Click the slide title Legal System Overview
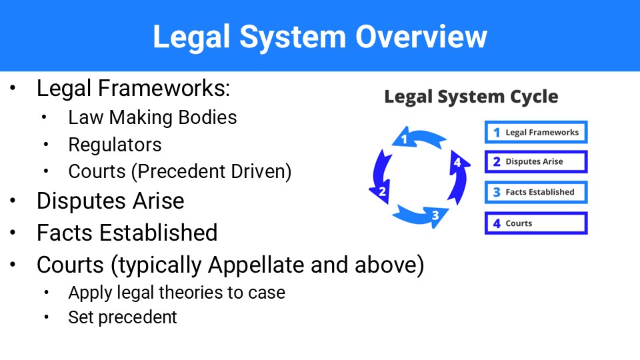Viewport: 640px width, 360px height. point(320,37)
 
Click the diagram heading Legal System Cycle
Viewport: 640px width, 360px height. point(471,97)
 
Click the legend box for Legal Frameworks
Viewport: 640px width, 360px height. point(536,132)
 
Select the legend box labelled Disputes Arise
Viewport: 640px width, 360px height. point(536,162)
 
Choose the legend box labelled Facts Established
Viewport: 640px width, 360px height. point(536,192)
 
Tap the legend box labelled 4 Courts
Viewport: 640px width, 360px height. point(536,223)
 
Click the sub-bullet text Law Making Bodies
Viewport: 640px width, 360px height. point(152,118)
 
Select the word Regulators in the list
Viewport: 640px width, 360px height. point(115,145)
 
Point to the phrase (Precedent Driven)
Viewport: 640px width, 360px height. point(211,171)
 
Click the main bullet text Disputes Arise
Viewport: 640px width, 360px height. point(110,201)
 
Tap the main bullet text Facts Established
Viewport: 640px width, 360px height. point(127,233)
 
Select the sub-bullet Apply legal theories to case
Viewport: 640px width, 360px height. point(176,292)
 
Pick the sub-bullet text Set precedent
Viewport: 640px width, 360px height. point(123,317)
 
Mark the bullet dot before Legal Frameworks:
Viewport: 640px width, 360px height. point(15,89)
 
